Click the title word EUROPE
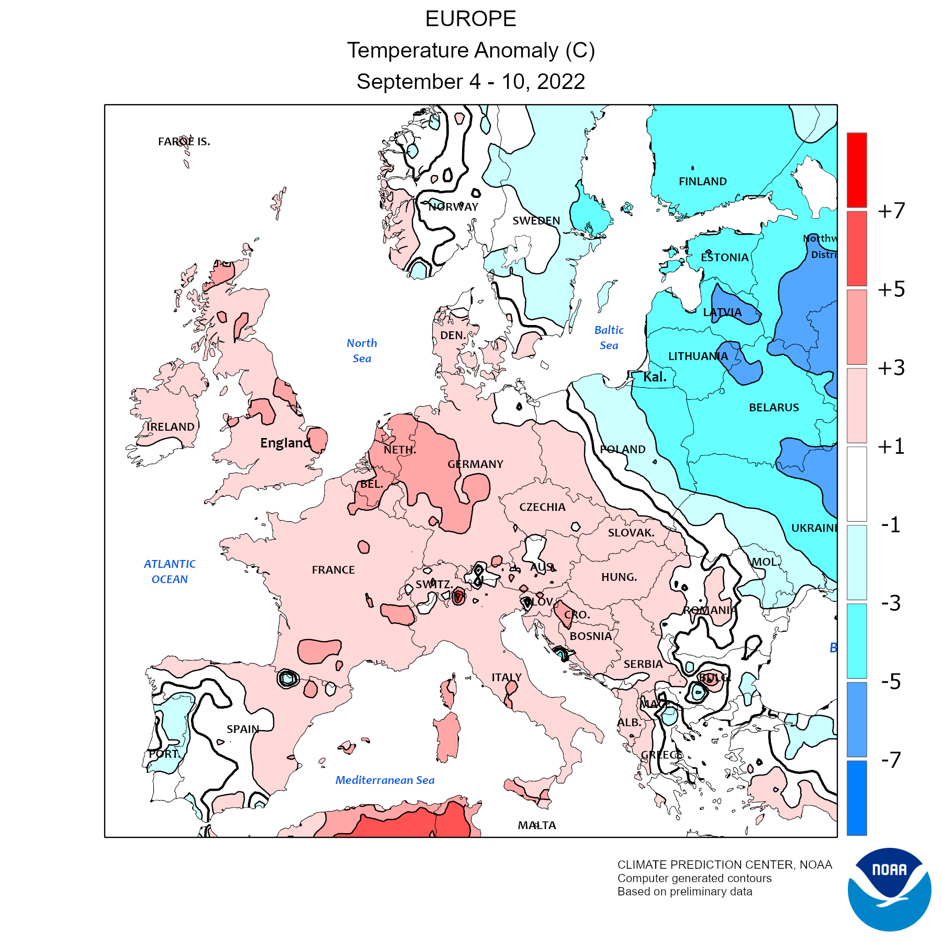pyautogui.click(x=470, y=19)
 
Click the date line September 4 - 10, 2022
pyautogui.click(x=470, y=82)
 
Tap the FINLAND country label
pyautogui.click(x=702, y=182)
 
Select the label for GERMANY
pyautogui.click(x=475, y=464)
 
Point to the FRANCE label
pyautogui.click(x=333, y=570)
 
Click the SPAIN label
pyautogui.click(x=243, y=729)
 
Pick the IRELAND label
pyautogui.click(x=171, y=427)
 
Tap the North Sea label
pyautogui.click(x=362, y=351)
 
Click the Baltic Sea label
pyautogui.click(x=609, y=338)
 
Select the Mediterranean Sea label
pyautogui.click(x=385, y=780)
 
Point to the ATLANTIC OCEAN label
pyautogui.click(x=170, y=571)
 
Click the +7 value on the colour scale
pyautogui.click(x=891, y=211)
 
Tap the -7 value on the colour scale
pyautogui.click(x=891, y=760)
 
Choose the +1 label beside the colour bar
pyautogui.click(x=891, y=446)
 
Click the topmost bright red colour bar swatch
pyautogui.click(x=857, y=170)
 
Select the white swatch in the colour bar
pyautogui.click(x=857, y=484)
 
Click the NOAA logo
pyautogui.click(x=889, y=889)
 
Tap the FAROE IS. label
pyautogui.click(x=184, y=142)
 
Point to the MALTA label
pyautogui.click(x=537, y=825)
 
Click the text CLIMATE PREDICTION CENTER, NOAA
pyautogui.click(x=724, y=865)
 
